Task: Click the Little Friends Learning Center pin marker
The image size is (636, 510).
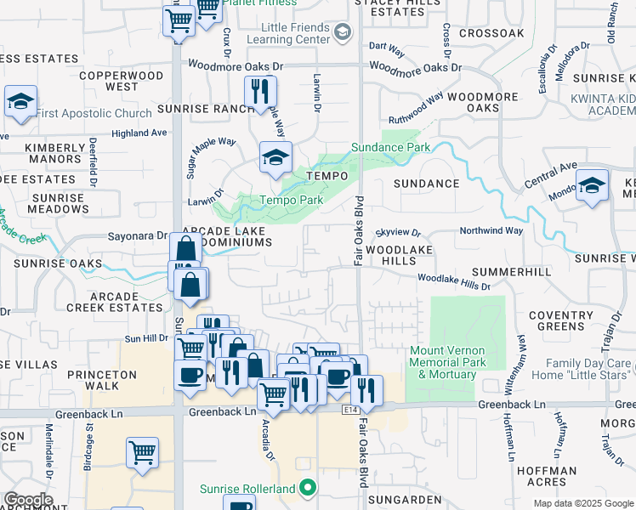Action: [343, 33]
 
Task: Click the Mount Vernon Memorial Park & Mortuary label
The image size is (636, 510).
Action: [442, 362]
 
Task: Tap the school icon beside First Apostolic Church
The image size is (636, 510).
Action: [20, 102]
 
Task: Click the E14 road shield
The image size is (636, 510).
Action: [349, 410]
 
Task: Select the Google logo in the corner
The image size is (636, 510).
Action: [28, 500]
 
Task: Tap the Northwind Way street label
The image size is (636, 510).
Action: [491, 230]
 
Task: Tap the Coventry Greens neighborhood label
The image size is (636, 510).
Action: [561, 320]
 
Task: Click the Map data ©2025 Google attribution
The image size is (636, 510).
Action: [582, 503]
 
